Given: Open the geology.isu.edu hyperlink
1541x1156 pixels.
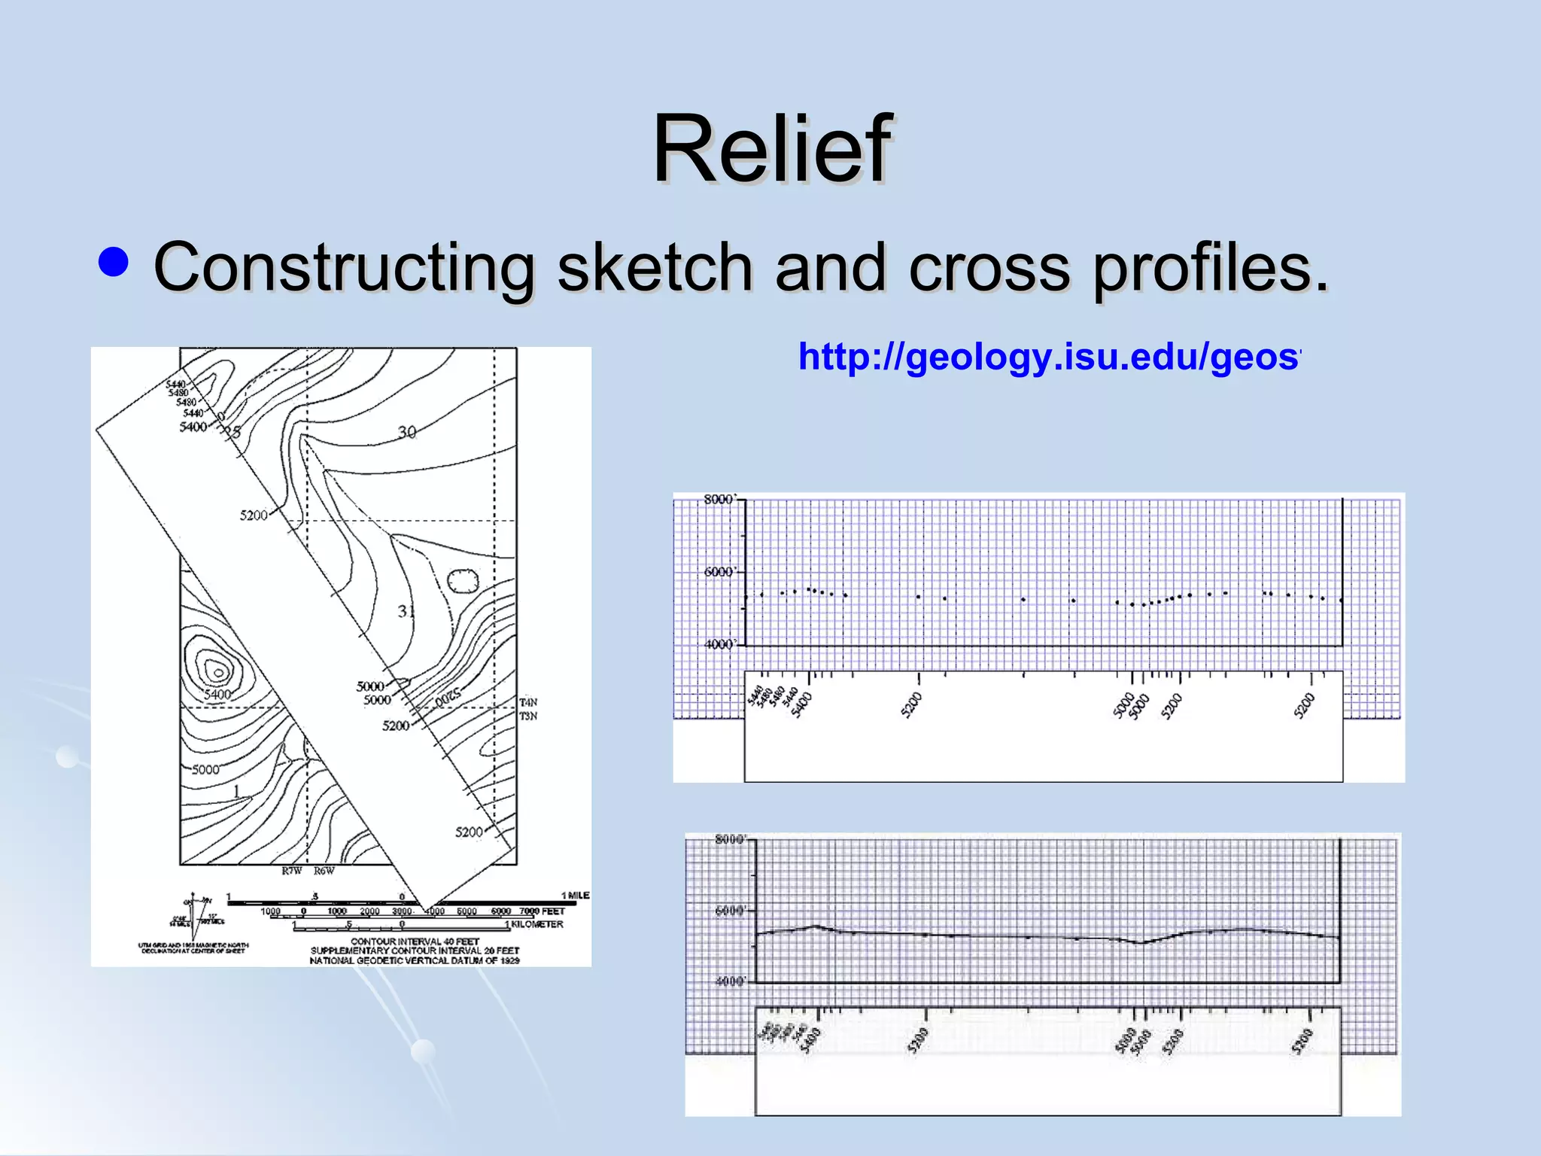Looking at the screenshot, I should coord(1049,357).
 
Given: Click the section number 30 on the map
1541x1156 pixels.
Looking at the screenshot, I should coord(407,432).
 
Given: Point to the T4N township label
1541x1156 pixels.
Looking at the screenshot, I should coord(528,702).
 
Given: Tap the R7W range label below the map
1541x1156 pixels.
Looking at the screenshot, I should coord(292,872).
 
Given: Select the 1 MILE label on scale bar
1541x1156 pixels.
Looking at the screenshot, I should coord(576,896).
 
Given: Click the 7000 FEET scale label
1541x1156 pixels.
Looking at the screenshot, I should coord(542,911).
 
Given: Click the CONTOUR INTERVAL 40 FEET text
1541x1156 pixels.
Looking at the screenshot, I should coord(415,942).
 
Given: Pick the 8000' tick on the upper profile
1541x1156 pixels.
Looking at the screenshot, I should coord(719,500).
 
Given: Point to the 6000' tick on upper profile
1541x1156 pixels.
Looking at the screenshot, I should coord(719,572).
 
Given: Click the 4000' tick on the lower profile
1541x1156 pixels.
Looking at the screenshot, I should coord(730,981).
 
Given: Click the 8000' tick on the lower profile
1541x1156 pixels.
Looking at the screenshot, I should coord(730,840).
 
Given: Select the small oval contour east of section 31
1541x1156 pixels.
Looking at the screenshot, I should coord(464,581).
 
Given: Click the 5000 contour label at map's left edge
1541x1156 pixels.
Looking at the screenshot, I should coord(205,769).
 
